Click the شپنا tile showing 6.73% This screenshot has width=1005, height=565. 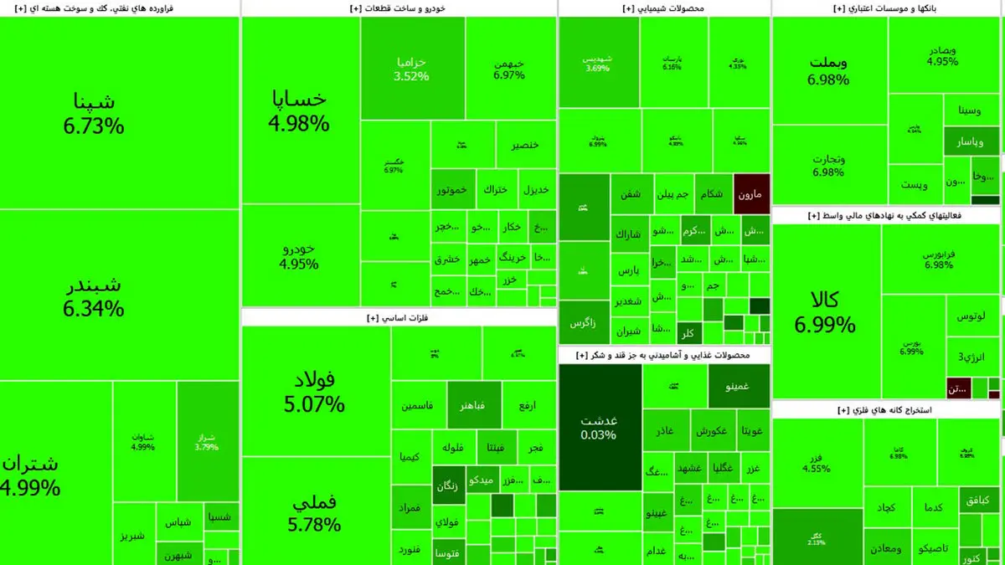tap(94, 114)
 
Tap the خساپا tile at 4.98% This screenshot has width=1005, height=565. tap(299, 110)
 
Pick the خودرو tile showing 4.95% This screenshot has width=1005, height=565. tap(299, 256)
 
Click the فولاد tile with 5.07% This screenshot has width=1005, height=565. tap(314, 392)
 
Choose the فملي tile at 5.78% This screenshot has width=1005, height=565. tap(314, 512)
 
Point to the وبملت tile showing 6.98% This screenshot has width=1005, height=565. tap(828, 70)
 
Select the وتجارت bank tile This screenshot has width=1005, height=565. tap(828, 165)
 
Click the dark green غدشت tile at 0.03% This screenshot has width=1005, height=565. tap(599, 427)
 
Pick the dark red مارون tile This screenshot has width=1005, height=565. tap(751, 194)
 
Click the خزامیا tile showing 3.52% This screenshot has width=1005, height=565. tap(412, 69)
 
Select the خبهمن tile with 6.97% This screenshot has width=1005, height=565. tap(509, 69)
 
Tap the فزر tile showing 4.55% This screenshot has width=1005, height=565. tap(817, 463)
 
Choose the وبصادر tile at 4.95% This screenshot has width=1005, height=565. tap(943, 55)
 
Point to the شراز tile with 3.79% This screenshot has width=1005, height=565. tap(205, 441)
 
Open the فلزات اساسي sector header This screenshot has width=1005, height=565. tap(399, 318)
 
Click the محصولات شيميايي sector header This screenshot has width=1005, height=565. tap(664, 8)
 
